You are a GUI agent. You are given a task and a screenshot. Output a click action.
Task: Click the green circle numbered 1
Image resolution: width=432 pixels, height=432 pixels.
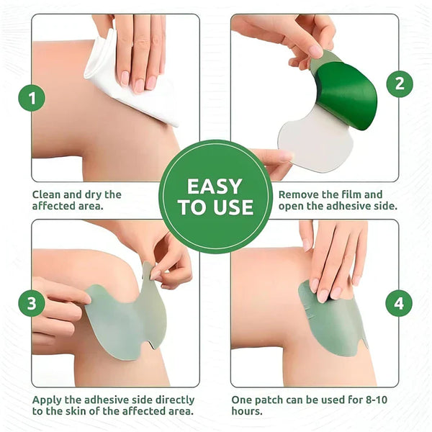click(31, 97)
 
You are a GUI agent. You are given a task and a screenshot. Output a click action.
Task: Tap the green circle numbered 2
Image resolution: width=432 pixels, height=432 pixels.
click(400, 84)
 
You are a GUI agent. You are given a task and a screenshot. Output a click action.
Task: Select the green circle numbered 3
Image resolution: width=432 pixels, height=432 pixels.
click(31, 303)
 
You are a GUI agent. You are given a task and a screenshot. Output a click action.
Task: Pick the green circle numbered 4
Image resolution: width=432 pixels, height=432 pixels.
click(399, 303)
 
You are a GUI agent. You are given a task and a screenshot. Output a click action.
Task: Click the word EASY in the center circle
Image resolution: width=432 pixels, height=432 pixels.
click(215, 186)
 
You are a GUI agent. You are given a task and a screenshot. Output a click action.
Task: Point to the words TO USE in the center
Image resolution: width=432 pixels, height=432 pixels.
click(215, 209)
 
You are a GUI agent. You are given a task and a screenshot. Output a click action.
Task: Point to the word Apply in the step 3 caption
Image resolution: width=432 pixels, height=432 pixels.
click(48, 399)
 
